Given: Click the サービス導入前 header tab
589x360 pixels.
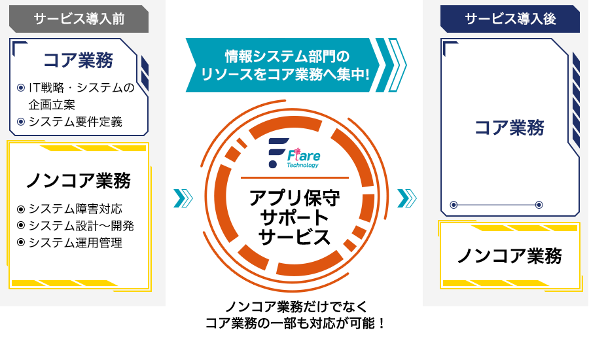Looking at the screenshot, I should click(79, 19).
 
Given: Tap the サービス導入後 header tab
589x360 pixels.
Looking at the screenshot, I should click(510, 19).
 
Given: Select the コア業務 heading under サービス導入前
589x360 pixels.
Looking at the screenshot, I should click(78, 60).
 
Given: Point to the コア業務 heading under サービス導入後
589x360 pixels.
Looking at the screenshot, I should click(509, 128).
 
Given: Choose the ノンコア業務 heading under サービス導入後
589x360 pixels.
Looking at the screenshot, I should click(509, 256).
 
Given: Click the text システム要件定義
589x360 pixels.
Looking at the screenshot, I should click(75, 122).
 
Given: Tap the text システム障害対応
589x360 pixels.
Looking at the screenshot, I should click(75, 209).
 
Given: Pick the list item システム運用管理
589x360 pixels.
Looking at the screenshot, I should click(75, 243).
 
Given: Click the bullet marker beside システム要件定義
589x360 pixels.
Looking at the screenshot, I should click(20, 122).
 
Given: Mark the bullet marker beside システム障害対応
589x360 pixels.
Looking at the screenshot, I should click(20, 209).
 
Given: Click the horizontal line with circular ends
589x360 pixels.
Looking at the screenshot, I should click(496, 205).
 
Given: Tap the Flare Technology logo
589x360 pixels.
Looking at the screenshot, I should click(294, 153).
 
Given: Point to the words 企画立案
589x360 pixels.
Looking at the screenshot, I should click(52, 105).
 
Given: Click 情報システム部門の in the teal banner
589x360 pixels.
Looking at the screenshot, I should click(287, 55).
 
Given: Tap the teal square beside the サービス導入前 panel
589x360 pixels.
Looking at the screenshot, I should click(183, 198).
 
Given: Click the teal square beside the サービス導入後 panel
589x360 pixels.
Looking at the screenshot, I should click(407, 198).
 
